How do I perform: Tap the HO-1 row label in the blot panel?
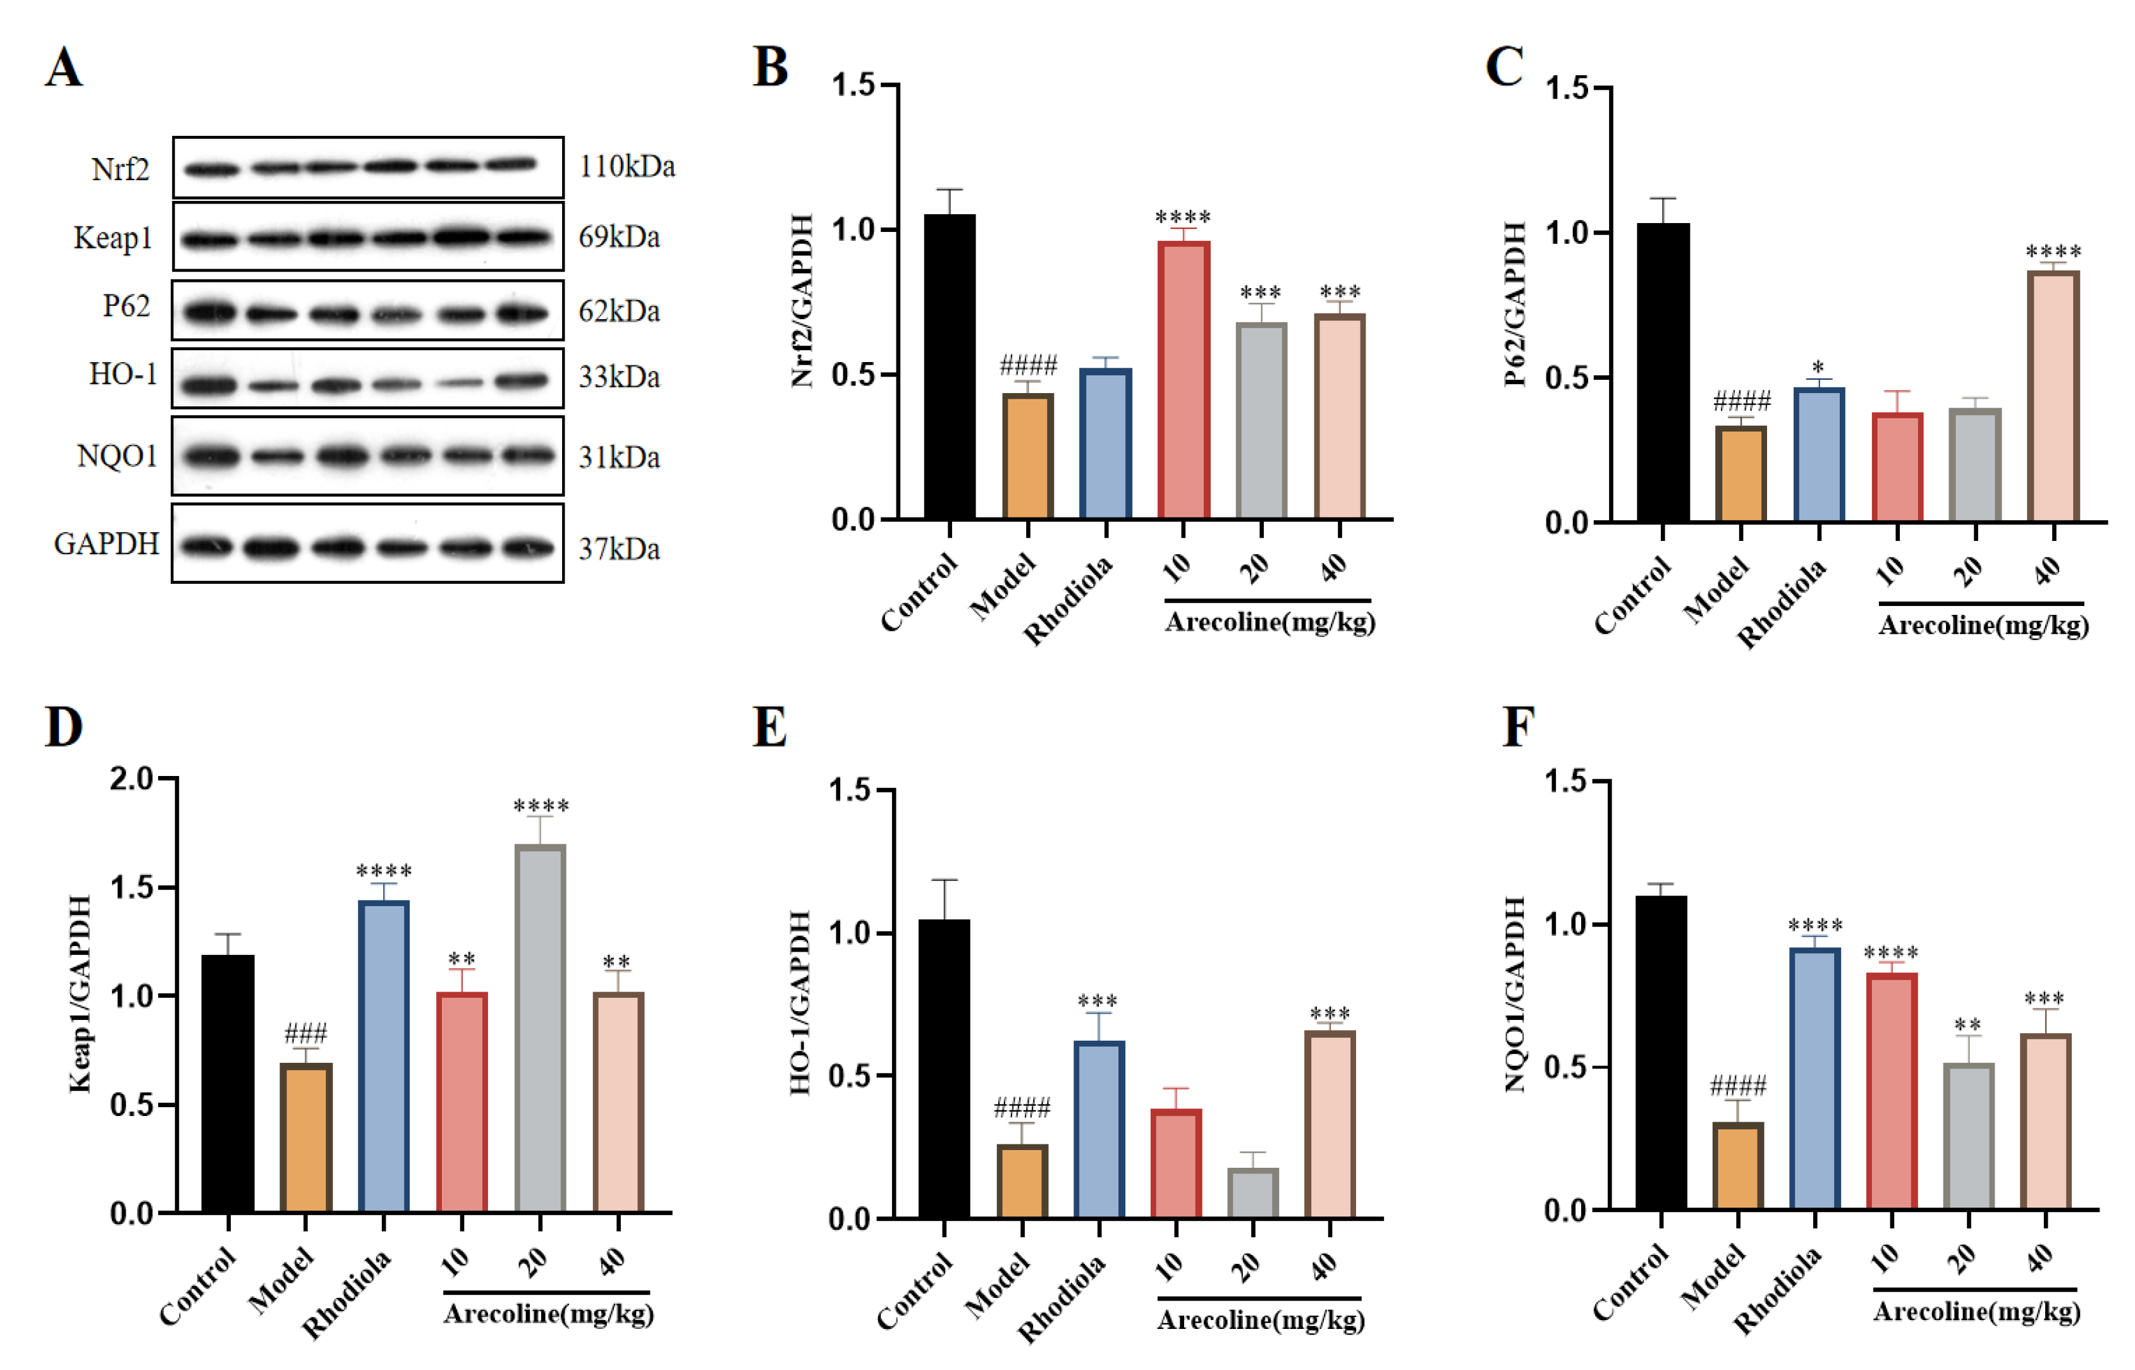pyautogui.click(x=123, y=375)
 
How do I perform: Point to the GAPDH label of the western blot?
pyautogui.click(x=107, y=543)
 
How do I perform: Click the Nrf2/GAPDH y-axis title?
pyautogui.click(x=802, y=301)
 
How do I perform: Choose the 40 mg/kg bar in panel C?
pyautogui.click(x=2053, y=396)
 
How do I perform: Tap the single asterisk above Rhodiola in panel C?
pyautogui.click(x=1818, y=367)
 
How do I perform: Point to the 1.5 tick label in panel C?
pyautogui.click(x=1568, y=88)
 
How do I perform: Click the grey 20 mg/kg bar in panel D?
pyautogui.click(x=540, y=1027)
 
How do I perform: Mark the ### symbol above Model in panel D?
pyautogui.click(x=305, y=1034)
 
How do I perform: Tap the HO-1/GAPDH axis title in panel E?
pyautogui.click(x=800, y=1003)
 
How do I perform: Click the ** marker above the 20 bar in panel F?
pyautogui.click(x=1967, y=1025)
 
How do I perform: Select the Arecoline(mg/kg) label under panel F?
pyautogui.click(x=1976, y=1311)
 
